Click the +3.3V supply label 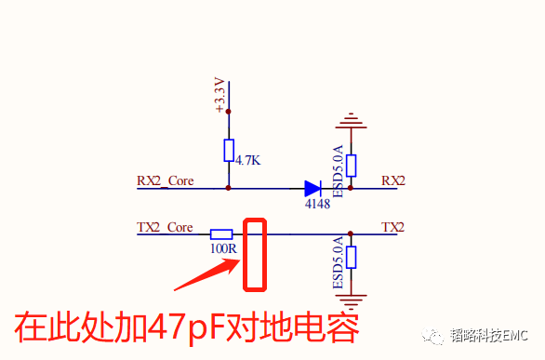click(x=220, y=96)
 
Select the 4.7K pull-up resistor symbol click(x=229, y=151)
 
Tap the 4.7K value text click(x=247, y=161)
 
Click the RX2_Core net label click(x=166, y=180)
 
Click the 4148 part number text click(x=317, y=204)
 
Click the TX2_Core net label click(x=165, y=227)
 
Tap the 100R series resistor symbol click(x=221, y=234)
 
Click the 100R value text click(x=223, y=249)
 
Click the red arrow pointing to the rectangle click(x=206, y=273)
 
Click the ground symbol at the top click(x=351, y=122)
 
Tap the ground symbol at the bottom click(x=351, y=300)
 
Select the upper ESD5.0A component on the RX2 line click(x=351, y=165)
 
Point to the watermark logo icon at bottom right click(x=434, y=336)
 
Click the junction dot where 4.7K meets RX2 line click(x=229, y=188)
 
